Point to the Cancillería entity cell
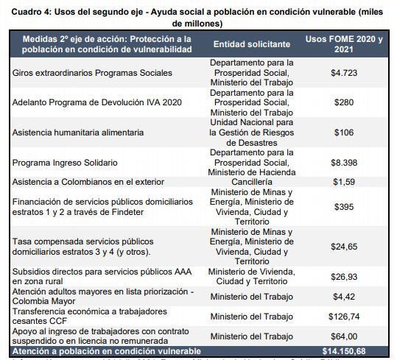[251, 181]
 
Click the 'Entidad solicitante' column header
[251, 44]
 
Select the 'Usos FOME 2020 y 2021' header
[344, 44]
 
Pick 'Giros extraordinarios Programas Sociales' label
[92, 73]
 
